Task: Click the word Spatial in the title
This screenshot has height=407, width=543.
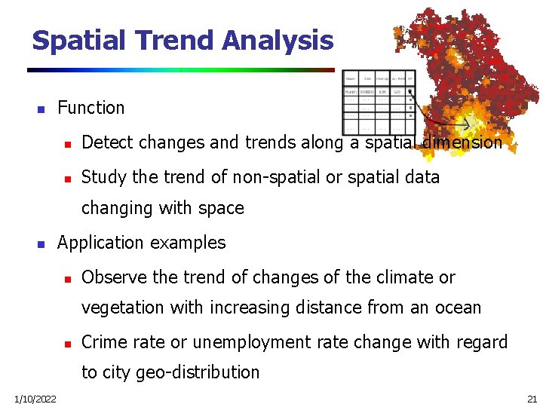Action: [78, 40]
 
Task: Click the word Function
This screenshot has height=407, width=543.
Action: [90, 108]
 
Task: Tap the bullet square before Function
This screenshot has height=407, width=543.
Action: [41, 109]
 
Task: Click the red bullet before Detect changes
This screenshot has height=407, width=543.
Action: [66, 143]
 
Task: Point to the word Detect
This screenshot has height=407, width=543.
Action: [105, 142]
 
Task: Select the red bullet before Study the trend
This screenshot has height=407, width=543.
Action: [66, 179]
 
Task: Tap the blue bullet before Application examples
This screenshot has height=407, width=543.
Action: [41, 244]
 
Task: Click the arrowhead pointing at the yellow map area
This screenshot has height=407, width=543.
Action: [468, 124]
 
